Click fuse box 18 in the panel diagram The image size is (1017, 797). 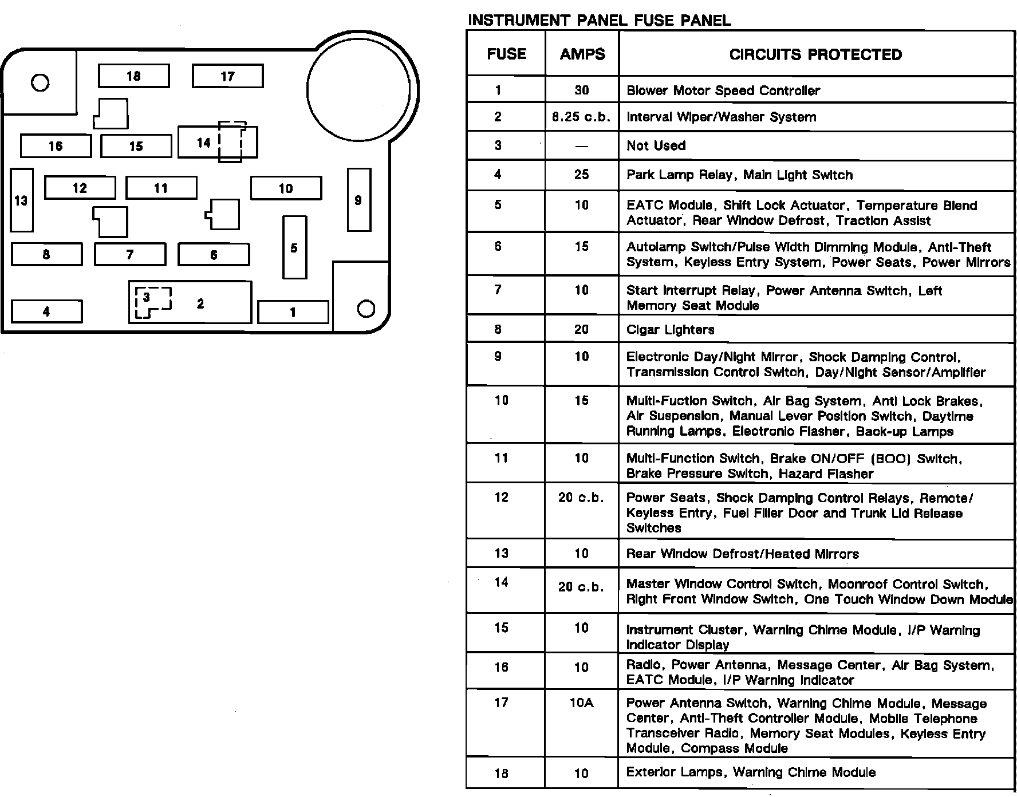tap(133, 76)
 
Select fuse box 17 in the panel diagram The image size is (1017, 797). tap(227, 76)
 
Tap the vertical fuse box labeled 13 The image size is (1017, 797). tap(22, 200)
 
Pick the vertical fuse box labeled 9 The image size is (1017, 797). tap(358, 200)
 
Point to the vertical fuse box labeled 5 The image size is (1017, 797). tap(294, 247)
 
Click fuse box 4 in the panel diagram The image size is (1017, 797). tap(46, 311)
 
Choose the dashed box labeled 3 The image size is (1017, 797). tap(152, 302)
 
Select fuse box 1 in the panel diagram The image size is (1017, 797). tap(293, 312)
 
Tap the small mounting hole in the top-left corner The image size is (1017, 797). tap(40, 83)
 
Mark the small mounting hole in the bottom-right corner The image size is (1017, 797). tap(366, 309)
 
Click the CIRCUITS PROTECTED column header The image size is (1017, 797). tap(815, 54)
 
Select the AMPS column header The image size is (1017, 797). tap(582, 54)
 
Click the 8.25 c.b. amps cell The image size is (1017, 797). tap(581, 117)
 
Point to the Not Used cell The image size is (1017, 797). tap(656, 145)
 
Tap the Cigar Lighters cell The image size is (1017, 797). tap(670, 330)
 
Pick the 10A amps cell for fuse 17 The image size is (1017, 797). tap(581, 703)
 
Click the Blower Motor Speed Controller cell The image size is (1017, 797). tap(723, 90)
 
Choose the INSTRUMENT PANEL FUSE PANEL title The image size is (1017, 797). tap(599, 21)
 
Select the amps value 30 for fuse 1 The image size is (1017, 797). tap(581, 90)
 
